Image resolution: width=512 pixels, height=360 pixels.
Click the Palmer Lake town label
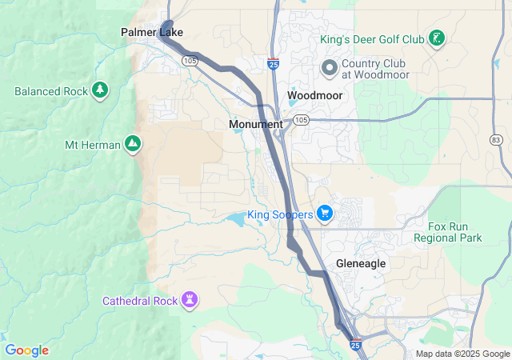(x=152, y=33)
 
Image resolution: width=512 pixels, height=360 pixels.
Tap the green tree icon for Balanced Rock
(x=100, y=90)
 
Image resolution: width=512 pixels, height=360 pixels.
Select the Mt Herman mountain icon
(x=133, y=145)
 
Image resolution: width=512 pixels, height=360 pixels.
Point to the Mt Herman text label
(x=92, y=146)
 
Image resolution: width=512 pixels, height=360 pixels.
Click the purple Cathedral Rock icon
(x=190, y=301)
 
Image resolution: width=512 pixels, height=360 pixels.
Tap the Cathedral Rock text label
(x=141, y=302)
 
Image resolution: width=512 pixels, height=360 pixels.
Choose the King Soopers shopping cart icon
(x=324, y=214)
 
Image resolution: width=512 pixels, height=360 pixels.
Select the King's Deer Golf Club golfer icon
(x=436, y=38)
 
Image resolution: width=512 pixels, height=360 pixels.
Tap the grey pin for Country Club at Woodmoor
(x=329, y=67)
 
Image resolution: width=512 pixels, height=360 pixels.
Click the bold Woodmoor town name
(x=314, y=95)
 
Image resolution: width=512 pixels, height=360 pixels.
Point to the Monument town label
(x=255, y=125)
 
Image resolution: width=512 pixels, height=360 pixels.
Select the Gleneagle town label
(x=361, y=263)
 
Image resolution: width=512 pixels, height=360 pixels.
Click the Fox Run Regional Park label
(x=449, y=232)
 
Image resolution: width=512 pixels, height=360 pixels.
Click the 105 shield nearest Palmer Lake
(x=190, y=60)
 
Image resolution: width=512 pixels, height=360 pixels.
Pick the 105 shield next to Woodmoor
(x=300, y=120)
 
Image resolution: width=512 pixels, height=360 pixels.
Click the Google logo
(x=26, y=350)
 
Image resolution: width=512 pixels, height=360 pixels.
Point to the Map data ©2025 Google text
(x=462, y=354)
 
